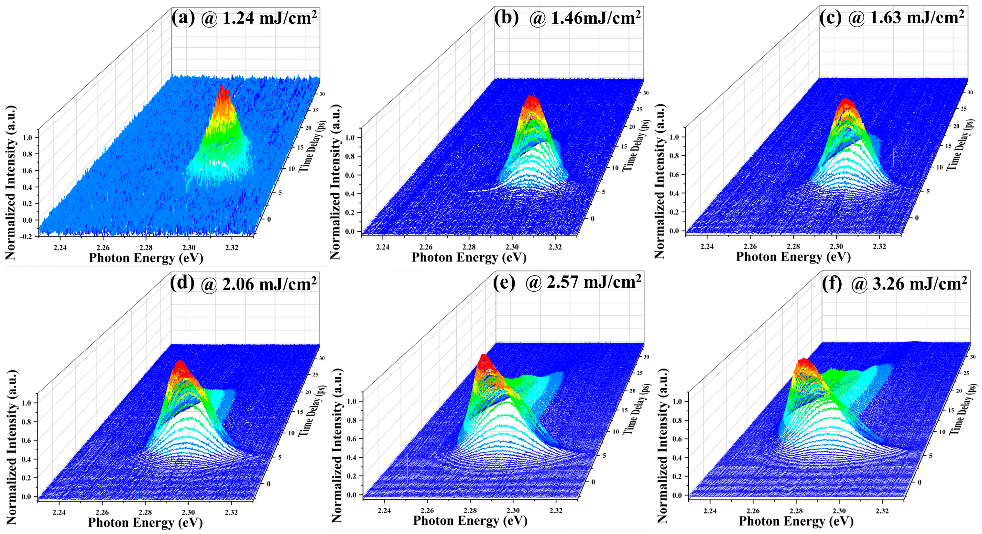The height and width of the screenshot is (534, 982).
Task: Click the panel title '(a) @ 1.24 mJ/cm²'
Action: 244,18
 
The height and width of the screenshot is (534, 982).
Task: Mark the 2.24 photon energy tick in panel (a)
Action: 60,248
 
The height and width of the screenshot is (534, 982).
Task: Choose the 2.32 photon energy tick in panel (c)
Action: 879,246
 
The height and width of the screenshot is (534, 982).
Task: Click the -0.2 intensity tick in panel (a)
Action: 27,237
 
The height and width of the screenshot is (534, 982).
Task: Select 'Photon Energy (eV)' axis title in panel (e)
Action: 470,521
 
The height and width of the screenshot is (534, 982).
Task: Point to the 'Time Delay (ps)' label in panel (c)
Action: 961,145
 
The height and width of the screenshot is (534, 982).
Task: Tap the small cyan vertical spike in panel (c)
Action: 893,157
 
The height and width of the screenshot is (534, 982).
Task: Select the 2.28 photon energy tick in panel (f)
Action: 796,511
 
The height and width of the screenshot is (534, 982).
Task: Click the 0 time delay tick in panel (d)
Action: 269,484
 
